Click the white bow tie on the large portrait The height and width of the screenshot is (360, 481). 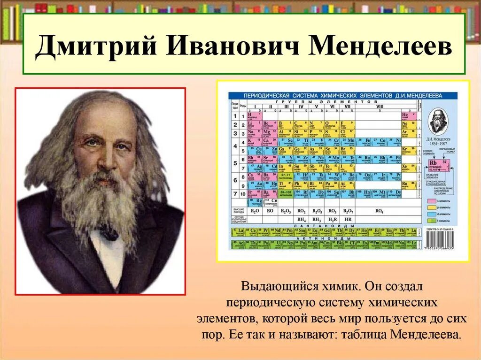pos(108,233)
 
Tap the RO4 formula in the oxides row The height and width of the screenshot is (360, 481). pos(380,211)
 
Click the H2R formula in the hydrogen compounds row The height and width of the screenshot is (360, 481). pos(333,219)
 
